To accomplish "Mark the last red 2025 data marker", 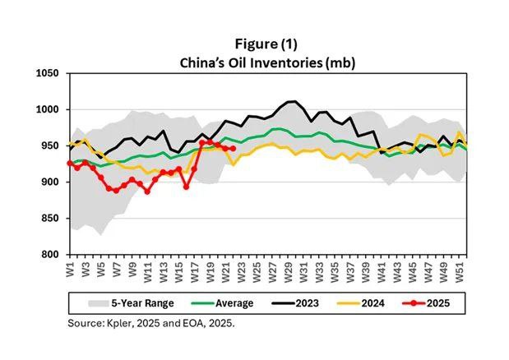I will click(232, 148).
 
